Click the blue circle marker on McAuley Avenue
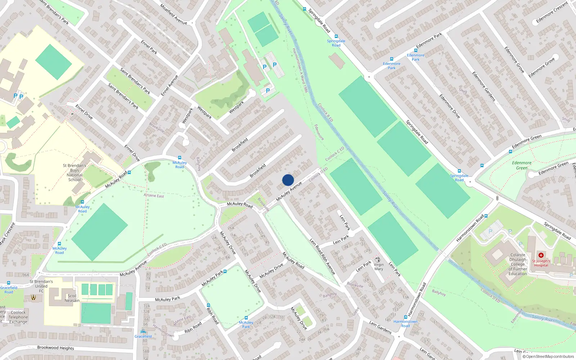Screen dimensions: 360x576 coord(288,180)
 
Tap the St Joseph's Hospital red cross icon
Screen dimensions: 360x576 coord(541,255)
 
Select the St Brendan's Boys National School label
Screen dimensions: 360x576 coord(75,172)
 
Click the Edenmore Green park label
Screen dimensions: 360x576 coord(522,165)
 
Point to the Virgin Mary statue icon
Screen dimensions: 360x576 coord(378,259)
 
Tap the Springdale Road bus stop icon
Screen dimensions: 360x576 coord(336,36)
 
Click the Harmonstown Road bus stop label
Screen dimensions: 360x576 coord(405,324)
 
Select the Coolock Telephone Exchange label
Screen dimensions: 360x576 coord(18,317)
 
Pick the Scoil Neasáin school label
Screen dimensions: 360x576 coord(72,298)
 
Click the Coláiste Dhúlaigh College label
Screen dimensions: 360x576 coord(518,264)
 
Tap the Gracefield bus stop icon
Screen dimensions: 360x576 coord(143,332)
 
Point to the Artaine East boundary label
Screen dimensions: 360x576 coord(154,195)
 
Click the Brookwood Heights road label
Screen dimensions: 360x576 coord(55,348)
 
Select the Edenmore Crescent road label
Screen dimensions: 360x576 coord(552,12)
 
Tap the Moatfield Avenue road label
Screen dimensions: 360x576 coord(174,15)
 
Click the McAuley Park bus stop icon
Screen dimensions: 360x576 coord(225,271)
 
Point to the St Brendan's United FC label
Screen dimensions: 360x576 coord(41,286)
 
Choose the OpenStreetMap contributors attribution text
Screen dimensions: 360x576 coord(548,356)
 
